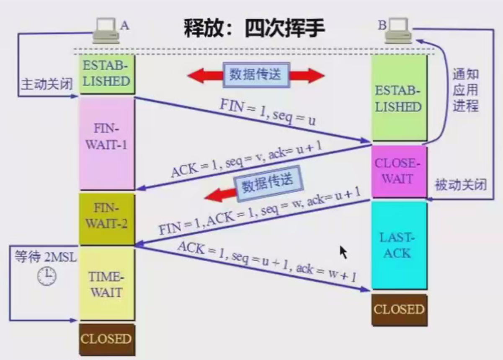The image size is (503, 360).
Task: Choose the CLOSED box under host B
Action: coord(399,310)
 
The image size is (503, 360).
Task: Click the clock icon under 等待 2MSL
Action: coord(47,276)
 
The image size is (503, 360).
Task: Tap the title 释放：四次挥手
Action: coord(254,29)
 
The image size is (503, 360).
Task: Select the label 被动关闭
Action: coord(461,185)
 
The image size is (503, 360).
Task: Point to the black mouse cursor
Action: coord(343,252)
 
